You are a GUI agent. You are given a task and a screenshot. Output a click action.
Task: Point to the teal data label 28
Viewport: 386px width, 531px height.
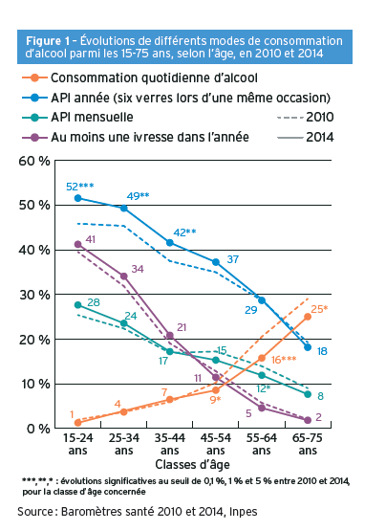pyautogui.click(x=94, y=303)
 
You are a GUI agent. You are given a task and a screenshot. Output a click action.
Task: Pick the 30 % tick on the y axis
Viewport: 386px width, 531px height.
pyautogui.click(x=34, y=295)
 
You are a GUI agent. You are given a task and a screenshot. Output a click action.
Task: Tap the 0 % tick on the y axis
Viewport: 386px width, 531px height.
pyautogui.click(x=38, y=428)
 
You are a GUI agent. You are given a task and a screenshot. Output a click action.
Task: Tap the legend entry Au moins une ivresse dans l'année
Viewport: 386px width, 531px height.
pyautogui.click(x=150, y=137)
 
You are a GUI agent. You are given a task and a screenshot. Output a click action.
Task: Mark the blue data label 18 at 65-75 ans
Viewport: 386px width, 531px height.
pyautogui.click(x=321, y=352)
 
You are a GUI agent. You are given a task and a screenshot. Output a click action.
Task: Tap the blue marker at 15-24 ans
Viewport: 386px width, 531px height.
pyautogui.click(x=77, y=198)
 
